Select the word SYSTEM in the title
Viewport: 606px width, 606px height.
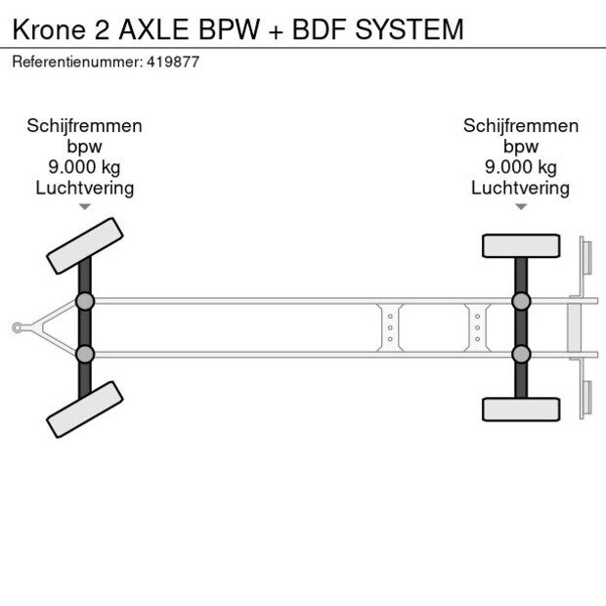[x=409, y=29]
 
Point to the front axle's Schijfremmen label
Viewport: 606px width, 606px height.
[x=84, y=126]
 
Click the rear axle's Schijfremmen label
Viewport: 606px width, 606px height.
[x=520, y=126]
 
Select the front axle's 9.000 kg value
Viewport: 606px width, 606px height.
[x=84, y=167]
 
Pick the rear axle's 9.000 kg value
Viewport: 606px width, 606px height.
[x=520, y=167]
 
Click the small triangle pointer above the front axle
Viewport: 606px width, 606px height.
[x=85, y=207]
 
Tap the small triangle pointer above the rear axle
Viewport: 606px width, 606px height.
[x=521, y=207]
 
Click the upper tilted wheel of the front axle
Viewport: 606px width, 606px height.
[x=85, y=245]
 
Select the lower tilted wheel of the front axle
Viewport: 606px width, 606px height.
[x=85, y=409]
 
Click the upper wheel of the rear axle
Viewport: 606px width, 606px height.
[x=521, y=245]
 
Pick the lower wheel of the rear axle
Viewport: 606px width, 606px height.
[x=521, y=409]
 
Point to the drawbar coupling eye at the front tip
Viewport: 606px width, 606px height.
[x=17, y=327]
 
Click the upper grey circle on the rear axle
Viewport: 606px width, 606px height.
[x=521, y=301]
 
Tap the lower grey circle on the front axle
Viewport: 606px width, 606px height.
[x=85, y=354]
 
